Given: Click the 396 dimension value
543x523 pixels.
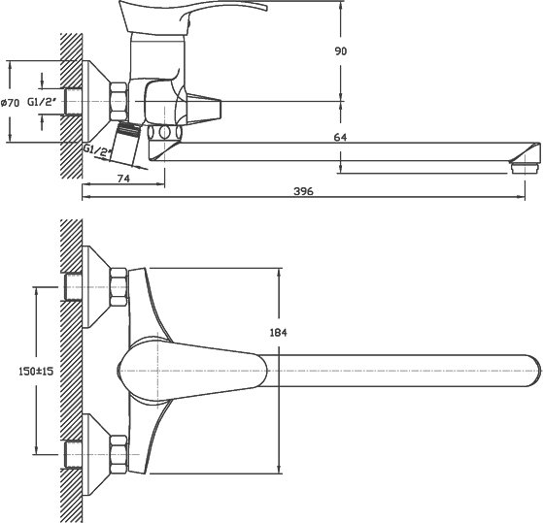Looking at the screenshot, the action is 303,191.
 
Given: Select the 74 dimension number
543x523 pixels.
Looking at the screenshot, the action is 123,179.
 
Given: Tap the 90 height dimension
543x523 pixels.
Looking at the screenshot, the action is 340,51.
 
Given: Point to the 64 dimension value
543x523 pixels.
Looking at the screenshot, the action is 340,138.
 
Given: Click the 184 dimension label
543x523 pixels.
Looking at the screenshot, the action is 279,333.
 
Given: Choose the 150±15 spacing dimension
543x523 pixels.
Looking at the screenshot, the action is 36,372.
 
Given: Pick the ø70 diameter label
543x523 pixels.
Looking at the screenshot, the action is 10,103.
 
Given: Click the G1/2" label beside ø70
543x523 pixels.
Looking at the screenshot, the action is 42,102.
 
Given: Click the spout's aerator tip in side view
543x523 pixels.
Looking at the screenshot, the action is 525,167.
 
